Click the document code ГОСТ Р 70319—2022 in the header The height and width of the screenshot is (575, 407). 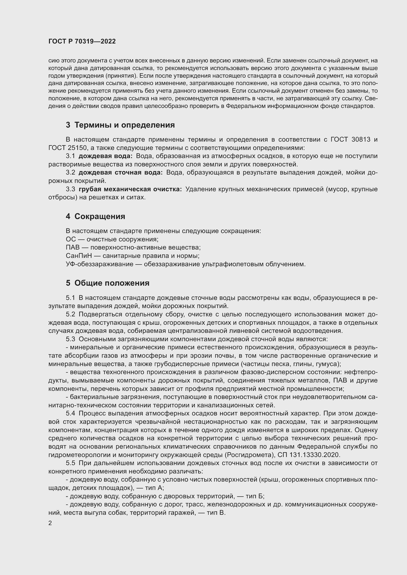point(82,42)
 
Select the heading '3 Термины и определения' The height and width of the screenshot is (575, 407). point(120,125)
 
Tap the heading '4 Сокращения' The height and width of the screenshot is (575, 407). point(95,216)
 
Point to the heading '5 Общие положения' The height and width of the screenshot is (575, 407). point(108,283)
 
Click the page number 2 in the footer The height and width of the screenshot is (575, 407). point(50,523)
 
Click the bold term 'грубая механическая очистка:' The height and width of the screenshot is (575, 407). point(130,189)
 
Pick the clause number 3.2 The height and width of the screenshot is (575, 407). point(70,173)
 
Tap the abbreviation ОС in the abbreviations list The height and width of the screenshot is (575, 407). point(71,239)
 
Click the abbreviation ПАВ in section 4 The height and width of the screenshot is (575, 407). point(73,248)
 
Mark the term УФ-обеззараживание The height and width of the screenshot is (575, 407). point(99,264)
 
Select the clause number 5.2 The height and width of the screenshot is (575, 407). point(70,314)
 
